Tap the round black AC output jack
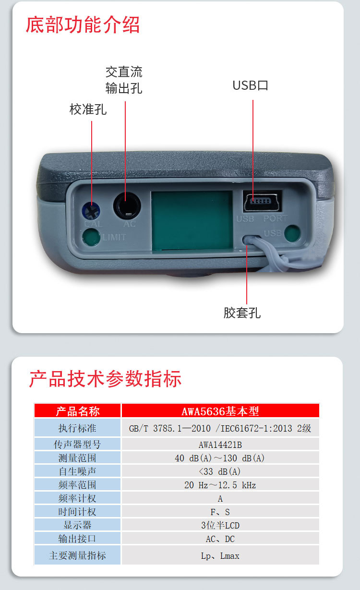127,206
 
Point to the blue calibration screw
91,210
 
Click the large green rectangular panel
192,220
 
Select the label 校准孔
88,109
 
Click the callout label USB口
250,85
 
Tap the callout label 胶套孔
242,313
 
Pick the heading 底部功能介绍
83,25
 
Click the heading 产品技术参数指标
105,379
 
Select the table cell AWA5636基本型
220,411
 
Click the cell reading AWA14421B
220,445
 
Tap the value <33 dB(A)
220,471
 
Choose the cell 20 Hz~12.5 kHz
220,485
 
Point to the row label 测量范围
77,458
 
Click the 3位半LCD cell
220,525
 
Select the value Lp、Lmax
220,555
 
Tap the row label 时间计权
77,512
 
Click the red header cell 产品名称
78,411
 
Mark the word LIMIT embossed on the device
114,237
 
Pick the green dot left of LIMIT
91,237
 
